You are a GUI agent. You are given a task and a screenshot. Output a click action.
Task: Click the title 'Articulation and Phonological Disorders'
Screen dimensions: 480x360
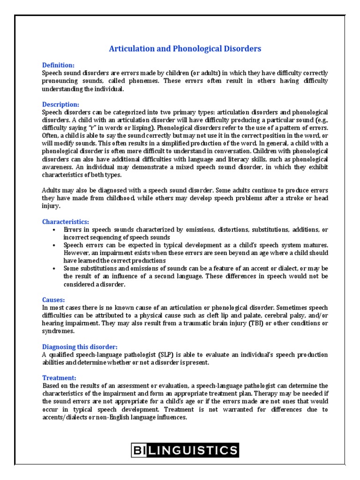click(185, 49)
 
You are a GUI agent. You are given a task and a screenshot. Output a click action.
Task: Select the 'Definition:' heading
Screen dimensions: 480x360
click(59, 65)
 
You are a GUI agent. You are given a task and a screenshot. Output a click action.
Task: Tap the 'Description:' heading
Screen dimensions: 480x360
click(61, 104)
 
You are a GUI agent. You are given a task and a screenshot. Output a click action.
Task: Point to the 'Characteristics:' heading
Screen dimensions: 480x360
click(66, 221)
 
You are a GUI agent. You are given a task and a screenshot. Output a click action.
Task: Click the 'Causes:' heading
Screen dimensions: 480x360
click(53, 299)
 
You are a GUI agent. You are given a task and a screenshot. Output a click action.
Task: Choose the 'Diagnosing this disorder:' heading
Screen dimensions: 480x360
click(80, 346)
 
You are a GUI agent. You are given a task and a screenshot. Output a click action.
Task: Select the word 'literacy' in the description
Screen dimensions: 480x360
click(224, 159)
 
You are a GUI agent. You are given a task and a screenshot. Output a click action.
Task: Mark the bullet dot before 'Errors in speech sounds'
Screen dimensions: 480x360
click(55, 230)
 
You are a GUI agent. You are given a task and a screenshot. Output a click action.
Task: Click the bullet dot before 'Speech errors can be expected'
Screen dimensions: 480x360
click(55, 245)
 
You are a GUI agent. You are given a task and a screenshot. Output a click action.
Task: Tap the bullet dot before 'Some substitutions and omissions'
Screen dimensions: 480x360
click(55, 269)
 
